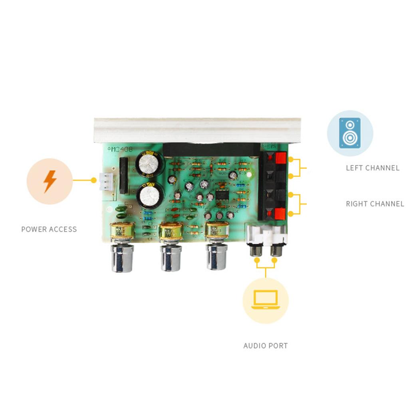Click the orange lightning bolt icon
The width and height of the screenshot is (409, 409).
[50, 181]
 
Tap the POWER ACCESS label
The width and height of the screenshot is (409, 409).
[49, 229]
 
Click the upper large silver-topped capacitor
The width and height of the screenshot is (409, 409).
[148, 163]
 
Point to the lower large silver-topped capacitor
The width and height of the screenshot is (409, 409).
[150, 195]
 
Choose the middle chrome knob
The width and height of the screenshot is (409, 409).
[171, 258]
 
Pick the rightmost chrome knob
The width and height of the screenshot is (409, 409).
[216, 257]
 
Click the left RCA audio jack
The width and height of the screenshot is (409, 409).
[256, 251]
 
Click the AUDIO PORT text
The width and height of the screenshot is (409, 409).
[265, 346]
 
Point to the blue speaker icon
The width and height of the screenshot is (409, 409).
[350, 133]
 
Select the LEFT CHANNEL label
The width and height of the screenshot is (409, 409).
[372, 168]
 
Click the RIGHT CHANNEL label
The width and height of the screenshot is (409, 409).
[375, 204]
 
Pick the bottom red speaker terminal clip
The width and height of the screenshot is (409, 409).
[280, 214]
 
